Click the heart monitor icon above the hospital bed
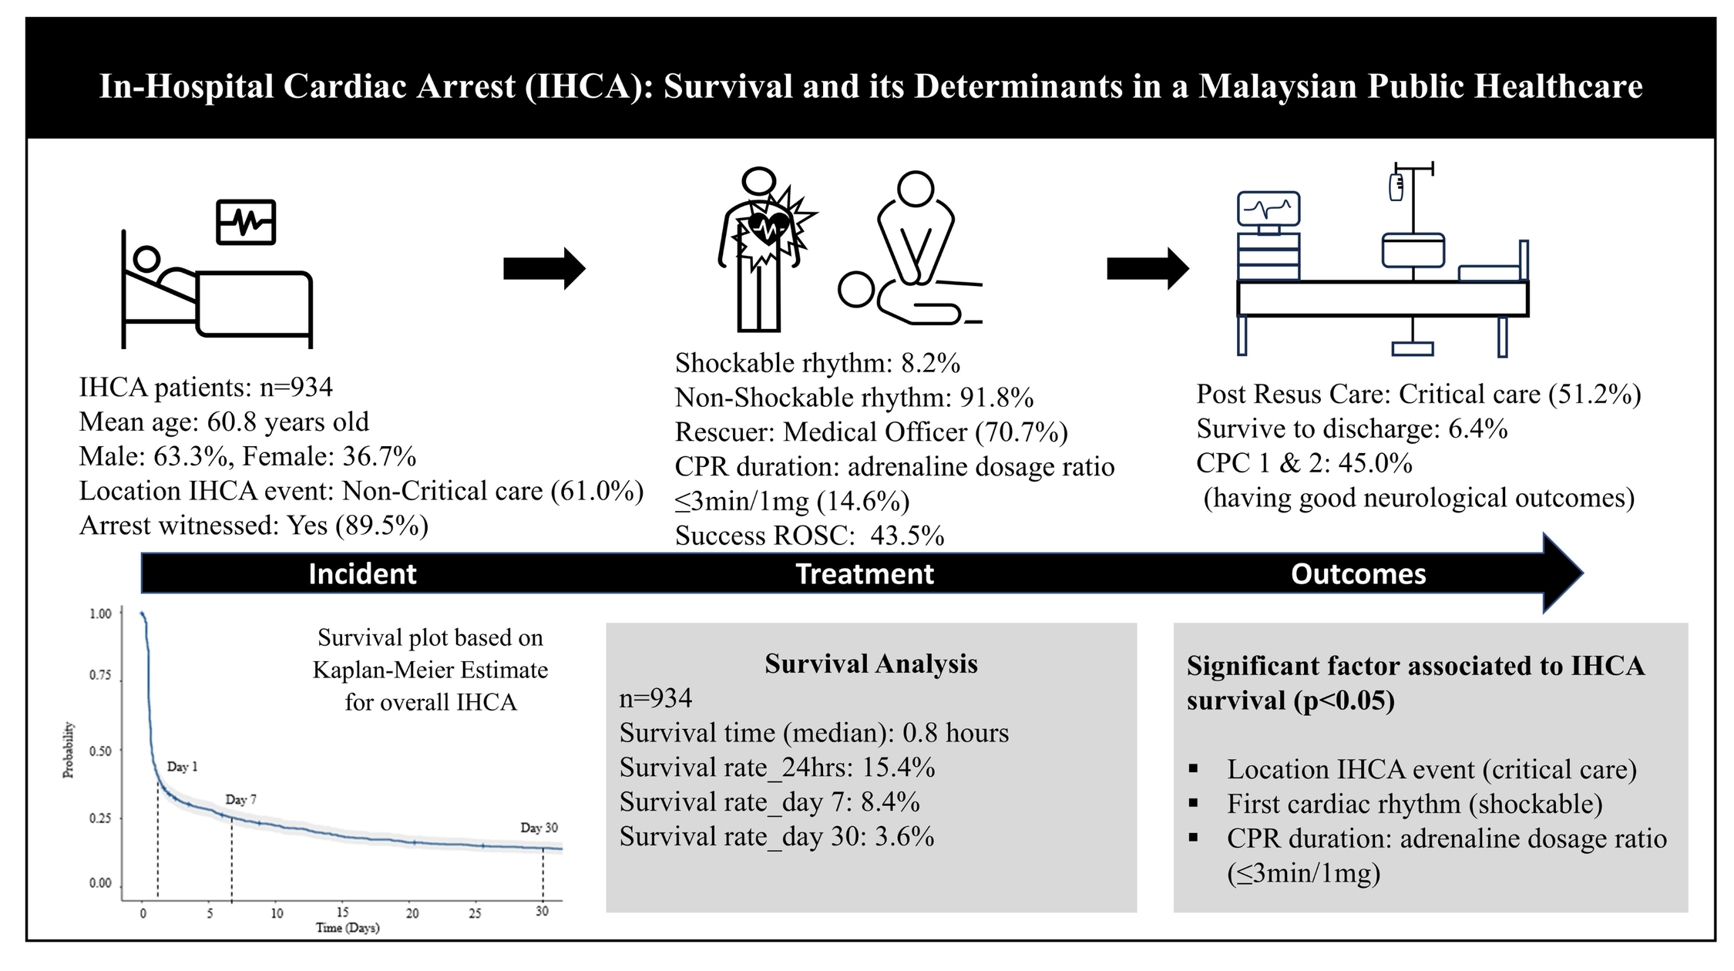tap(246, 222)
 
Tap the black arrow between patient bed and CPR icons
tap(544, 268)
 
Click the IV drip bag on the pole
tap(1396, 187)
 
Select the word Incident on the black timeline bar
tap(362, 574)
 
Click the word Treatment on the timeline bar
tap(864, 574)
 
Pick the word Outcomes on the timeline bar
tap(1358, 574)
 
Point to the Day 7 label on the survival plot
tap(240, 800)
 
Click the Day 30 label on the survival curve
tap(539, 828)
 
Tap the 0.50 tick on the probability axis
tap(100, 751)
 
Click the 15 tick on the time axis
tap(342, 912)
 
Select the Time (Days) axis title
tap(348, 928)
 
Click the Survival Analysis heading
tap(871, 664)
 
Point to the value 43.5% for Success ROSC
tap(907, 536)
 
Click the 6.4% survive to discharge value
tap(1477, 428)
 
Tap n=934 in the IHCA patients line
tap(296, 387)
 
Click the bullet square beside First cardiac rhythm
tap(1194, 803)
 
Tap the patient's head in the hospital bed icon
tap(146, 257)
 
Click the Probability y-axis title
tap(69, 750)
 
